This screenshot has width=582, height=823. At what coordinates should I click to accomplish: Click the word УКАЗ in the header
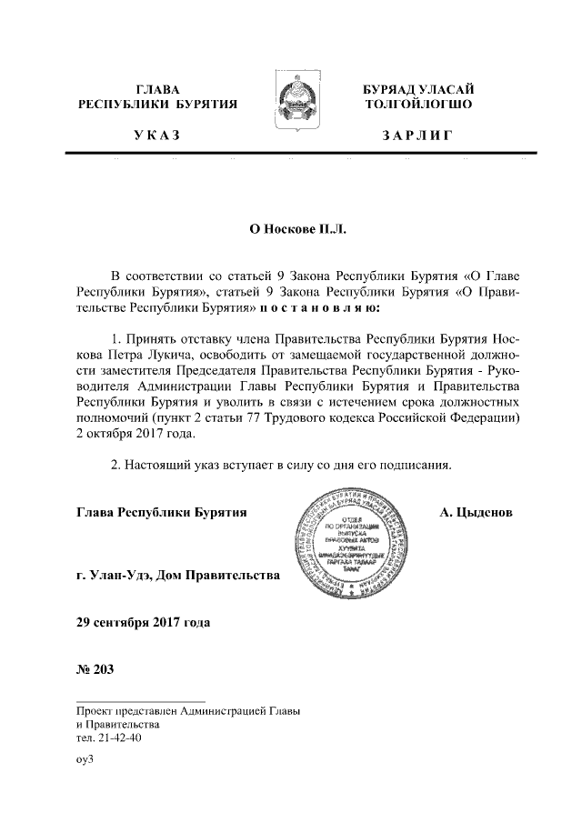[x=157, y=136]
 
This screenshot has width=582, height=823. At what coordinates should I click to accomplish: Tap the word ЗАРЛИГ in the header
[x=416, y=136]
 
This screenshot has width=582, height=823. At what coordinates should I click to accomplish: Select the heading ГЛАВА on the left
[x=157, y=89]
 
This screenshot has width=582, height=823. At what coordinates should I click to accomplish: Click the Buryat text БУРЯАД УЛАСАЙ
[x=417, y=89]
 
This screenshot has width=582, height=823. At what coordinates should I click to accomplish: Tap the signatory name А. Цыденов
[x=476, y=512]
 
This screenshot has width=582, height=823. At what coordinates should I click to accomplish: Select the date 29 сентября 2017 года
[x=144, y=623]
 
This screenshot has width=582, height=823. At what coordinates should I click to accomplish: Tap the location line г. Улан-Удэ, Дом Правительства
[x=178, y=576]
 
